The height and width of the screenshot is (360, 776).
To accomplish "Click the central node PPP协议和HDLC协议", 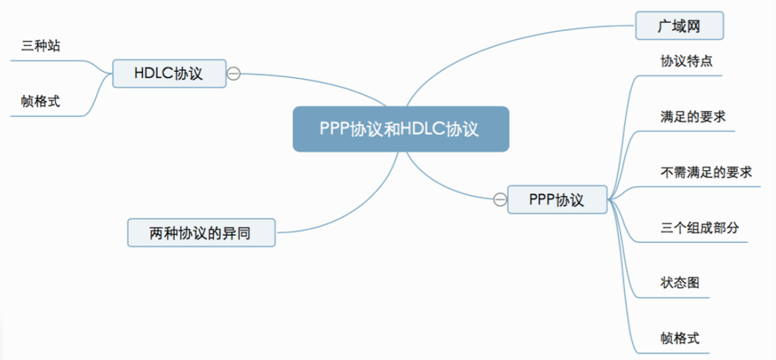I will [x=400, y=129].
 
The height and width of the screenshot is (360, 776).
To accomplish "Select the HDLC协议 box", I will [x=169, y=73].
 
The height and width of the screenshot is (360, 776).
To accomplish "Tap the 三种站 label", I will [x=41, y=47].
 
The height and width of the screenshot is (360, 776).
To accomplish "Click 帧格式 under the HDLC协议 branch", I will [x=40, y=102].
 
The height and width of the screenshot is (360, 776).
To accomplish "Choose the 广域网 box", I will [x=679, y=27].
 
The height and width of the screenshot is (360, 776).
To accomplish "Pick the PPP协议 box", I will [x=557, y=199].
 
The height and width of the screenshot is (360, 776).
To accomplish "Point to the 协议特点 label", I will [x=686, y=61].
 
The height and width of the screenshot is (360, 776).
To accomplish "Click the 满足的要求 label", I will [x=693, y=116].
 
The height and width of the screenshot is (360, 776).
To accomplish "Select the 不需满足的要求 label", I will [x=706, y=172].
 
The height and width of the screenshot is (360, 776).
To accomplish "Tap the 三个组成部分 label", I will [x=699, y=228].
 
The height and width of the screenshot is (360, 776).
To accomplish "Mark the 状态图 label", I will [x=680, y=282].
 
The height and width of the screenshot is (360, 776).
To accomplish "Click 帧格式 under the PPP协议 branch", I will [x=680, y=338].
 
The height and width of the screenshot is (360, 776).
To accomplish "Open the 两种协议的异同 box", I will [x=201, y=233].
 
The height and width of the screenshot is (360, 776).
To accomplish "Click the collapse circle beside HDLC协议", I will [x=234, y=73].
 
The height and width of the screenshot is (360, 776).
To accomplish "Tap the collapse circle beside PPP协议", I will [x=499, y=199].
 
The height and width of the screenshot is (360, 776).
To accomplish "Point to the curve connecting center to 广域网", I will [x=503, y=43].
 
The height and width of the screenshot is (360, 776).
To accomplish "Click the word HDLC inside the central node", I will [x=424, y=129].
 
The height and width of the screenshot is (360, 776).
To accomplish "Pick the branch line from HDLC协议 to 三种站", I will [x=97, y=65].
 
